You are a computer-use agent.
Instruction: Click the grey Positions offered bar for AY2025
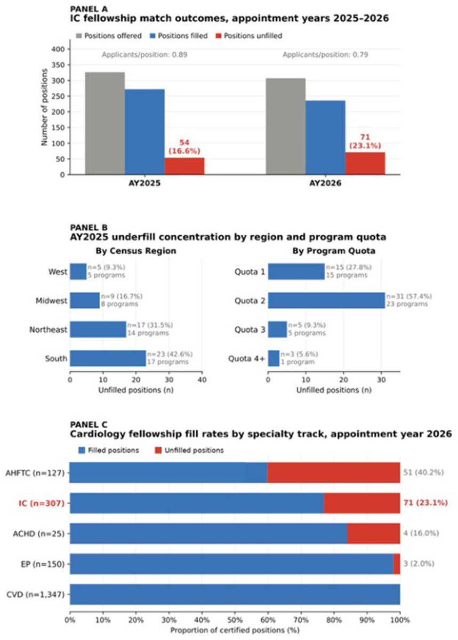(105, 123)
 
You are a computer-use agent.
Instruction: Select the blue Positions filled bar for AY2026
(325, 138)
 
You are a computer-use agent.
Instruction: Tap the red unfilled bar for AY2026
(365, 163)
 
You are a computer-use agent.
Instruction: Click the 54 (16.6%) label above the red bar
(184, 147)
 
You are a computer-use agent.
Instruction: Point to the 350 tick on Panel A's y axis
(58, 65)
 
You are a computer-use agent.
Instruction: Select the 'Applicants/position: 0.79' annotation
(325, 54)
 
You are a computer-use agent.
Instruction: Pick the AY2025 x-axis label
(144, 183)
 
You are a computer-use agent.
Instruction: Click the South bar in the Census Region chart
(108, 358)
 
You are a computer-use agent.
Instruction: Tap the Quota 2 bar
(326, 300)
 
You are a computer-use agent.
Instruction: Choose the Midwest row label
(51, 301)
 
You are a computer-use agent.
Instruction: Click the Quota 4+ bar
(274, 358)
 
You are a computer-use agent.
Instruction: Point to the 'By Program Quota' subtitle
(334, 251)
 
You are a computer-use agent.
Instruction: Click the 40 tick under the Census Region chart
(202, 380)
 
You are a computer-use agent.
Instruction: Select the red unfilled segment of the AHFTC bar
(334, 473)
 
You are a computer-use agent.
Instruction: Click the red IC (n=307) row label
(42, 503)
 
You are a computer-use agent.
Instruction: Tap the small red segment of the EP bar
(397, 564)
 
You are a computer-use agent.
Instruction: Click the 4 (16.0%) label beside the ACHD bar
(421, 533)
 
